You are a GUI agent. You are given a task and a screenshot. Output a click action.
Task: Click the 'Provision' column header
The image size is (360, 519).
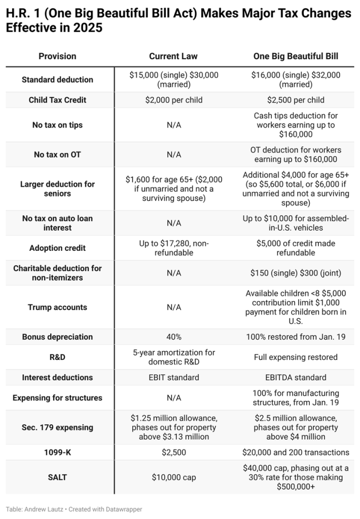(x=57, y=56)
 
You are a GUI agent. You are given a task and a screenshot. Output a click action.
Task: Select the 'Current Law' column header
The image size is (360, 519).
(x=173, y=56)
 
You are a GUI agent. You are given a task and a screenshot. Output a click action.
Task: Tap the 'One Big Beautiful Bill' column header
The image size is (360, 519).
(x=296, y=56)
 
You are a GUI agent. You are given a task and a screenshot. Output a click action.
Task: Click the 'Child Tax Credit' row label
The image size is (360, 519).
(x=57, y=100)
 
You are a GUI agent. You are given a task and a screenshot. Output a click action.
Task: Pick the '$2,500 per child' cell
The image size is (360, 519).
(x=296, y=100)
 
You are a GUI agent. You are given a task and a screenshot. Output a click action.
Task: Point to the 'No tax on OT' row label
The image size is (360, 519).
(x=57, y=155)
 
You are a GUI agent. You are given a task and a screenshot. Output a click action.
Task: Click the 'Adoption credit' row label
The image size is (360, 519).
(x=57, y=248)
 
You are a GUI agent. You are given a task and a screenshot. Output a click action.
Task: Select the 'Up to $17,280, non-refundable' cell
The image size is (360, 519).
(x=173, y=248)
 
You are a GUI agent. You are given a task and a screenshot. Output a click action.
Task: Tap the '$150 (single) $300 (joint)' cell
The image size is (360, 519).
(x=296, y=273)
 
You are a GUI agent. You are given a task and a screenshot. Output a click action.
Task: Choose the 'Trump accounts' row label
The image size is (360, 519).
(x=57, y=307)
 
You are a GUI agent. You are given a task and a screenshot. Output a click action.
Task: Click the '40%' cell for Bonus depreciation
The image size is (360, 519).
(x=173, y=337)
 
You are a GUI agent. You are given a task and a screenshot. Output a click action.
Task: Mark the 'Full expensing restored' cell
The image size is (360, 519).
(x=296, y=357)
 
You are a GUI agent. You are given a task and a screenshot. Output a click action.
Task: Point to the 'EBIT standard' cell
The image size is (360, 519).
(x=173, y=378)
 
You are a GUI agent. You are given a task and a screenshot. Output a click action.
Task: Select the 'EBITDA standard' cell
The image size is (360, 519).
(x=296, y=378)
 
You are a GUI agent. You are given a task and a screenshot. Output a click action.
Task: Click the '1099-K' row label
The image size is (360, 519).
(x=57, y=452)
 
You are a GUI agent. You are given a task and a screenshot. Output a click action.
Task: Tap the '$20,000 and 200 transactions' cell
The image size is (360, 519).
(x=296, y=452)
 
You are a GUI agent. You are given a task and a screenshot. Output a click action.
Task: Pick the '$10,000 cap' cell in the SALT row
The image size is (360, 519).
(x=173, y=477)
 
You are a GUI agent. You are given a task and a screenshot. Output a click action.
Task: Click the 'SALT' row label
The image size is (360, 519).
(x=57, y=477)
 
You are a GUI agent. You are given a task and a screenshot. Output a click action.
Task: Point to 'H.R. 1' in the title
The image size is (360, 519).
(x=21, y=14)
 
